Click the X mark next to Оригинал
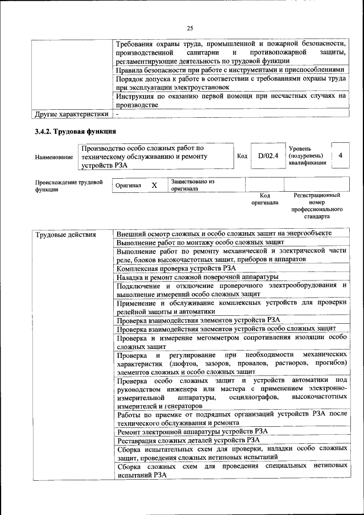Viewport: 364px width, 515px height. pyautogui.click(x=154, y=186)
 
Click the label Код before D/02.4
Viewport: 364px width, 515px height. pyautogui.click(x=242, y=156)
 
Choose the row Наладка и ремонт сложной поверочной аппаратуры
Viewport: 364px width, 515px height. pyautogui.click(x=197, y=277)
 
